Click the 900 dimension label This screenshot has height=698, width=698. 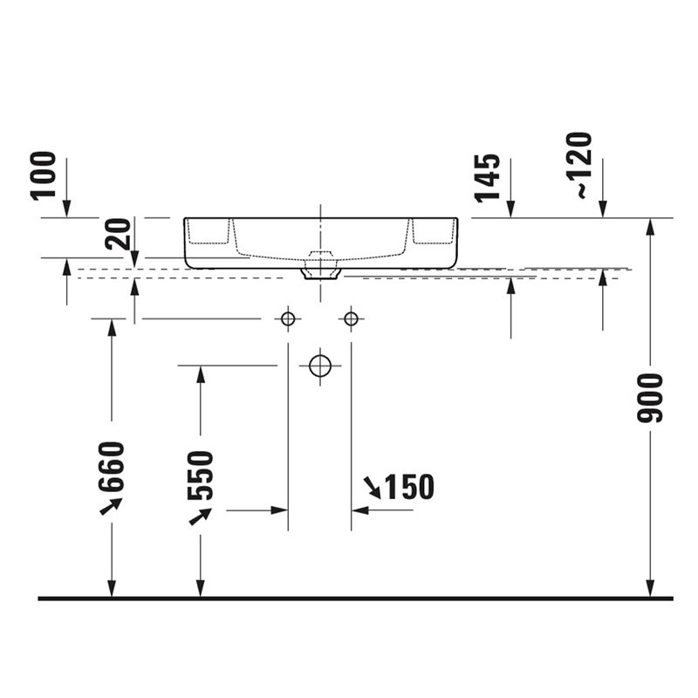(x=650, y=399)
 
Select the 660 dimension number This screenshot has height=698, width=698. (x=112, y=466)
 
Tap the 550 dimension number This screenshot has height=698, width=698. (x=201, y=476)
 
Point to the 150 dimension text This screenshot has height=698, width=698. (x=409, y=487)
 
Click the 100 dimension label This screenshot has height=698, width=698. (x=43, y=176)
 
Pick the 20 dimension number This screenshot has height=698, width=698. (x=118, y=234)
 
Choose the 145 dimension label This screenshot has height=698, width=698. (x=487, y=178)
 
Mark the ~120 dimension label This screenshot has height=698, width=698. (x=579, y=165)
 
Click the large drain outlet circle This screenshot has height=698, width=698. (x=320, y=366)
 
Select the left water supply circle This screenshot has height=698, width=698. (x=288, y=318)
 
